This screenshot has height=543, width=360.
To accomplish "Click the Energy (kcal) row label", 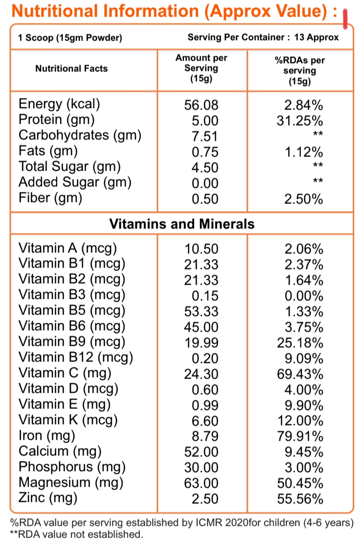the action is (59, 104).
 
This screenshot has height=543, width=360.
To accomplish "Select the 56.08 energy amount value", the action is (201, 105).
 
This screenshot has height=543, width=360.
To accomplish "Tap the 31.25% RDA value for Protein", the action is (300, 120).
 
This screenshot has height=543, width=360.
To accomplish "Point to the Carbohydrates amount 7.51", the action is (205, 136).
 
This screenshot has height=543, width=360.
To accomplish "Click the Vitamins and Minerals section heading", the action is (182, 224).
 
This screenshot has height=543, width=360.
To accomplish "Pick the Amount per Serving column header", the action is (202, 68).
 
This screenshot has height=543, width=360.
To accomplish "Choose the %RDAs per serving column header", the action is (300, 70).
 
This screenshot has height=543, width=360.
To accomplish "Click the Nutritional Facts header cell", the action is (71, 68).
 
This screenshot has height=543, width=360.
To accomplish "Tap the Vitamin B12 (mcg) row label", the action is (76, 358).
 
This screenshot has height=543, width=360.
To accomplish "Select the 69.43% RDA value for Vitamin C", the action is (300, 374).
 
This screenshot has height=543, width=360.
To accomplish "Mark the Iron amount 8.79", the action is (205, 436).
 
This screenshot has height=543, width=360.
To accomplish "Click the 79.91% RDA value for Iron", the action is (300, 436).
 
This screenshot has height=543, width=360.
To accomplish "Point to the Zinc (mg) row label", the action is (48, 498).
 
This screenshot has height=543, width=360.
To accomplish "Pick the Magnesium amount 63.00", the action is (201, 483).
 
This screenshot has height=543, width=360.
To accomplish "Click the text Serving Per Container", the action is (237, 37).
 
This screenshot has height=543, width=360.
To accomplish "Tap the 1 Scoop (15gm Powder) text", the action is (70, 38).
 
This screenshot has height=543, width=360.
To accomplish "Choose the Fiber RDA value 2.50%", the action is (304, 199).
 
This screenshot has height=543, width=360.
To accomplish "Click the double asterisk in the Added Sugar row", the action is (318, 181).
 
